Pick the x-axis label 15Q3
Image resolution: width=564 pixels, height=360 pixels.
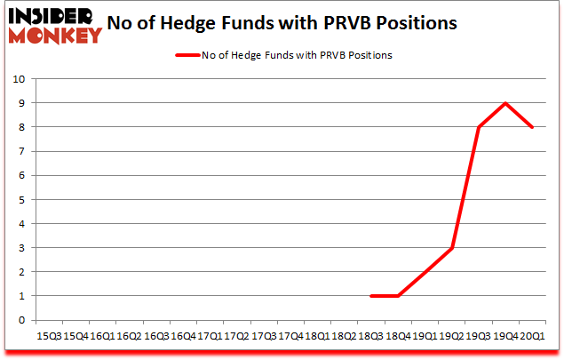[49, 336]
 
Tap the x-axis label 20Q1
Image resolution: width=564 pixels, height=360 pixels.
[533, 336]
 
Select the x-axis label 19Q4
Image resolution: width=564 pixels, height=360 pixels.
[506, 336]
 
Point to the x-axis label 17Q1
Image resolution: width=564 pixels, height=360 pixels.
[210, 336]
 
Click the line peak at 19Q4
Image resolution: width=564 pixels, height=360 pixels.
[505, 103]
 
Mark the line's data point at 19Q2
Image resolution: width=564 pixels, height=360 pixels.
[452, 248]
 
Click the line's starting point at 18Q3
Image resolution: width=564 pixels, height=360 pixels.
[372, 296]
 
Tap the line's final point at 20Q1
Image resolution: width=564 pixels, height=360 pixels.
[532, 127]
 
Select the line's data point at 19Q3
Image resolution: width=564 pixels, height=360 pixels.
[479, 127]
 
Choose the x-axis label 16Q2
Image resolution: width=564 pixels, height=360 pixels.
[130, 336]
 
